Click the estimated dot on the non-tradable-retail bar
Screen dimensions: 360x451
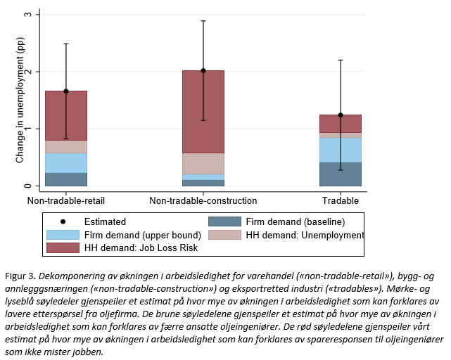coord(66,91)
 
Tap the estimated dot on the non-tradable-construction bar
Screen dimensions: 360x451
coord(203,70)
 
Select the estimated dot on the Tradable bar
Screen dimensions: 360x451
coord(341,115)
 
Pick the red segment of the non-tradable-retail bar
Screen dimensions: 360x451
coord(66,115)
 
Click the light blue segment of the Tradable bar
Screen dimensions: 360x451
coord(341,149)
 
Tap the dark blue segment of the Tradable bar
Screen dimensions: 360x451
coord(341,174)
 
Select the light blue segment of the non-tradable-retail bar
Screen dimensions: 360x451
coord(66,162)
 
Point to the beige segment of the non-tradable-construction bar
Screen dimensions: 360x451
coord(203,163)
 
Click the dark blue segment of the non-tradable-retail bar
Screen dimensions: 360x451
coord(66,179)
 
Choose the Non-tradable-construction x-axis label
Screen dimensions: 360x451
coord(203,201)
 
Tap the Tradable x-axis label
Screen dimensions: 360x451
coord(341,201)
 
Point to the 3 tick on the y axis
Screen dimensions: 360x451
coord(27,15)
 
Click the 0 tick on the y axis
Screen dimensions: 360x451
coord(27,186)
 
